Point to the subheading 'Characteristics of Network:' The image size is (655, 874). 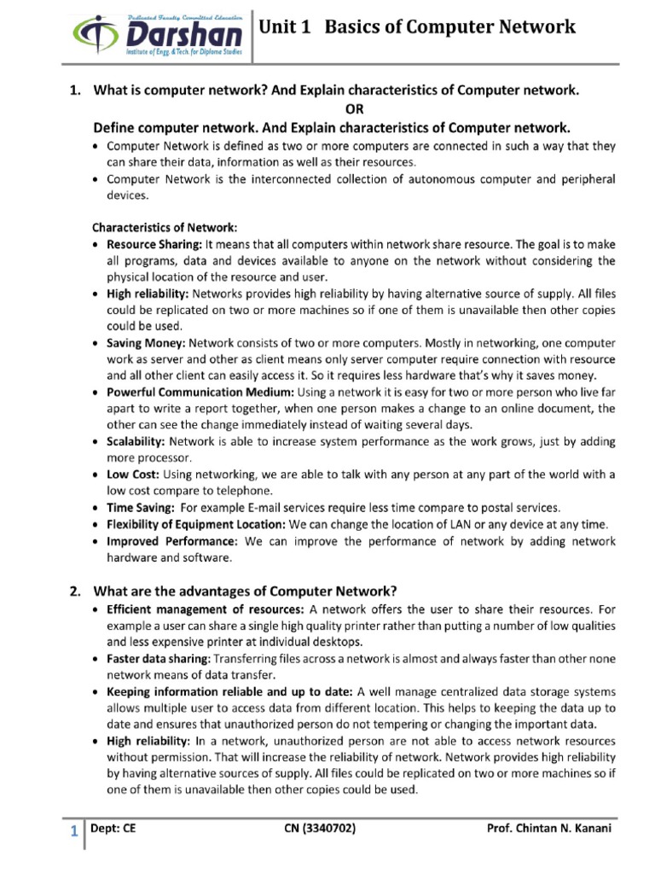(x=165, y=228)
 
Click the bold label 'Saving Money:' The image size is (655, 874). (x=146, y=342)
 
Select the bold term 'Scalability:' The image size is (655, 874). (x=136, y=441)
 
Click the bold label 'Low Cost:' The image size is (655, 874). (x=133, y=474)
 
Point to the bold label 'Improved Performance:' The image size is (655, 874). (x=172, y=540)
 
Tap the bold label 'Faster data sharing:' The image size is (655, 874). (x=159, y=659)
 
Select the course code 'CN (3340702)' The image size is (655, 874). (x=318, y=829)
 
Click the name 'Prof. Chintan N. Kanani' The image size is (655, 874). (x=549, y=829)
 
